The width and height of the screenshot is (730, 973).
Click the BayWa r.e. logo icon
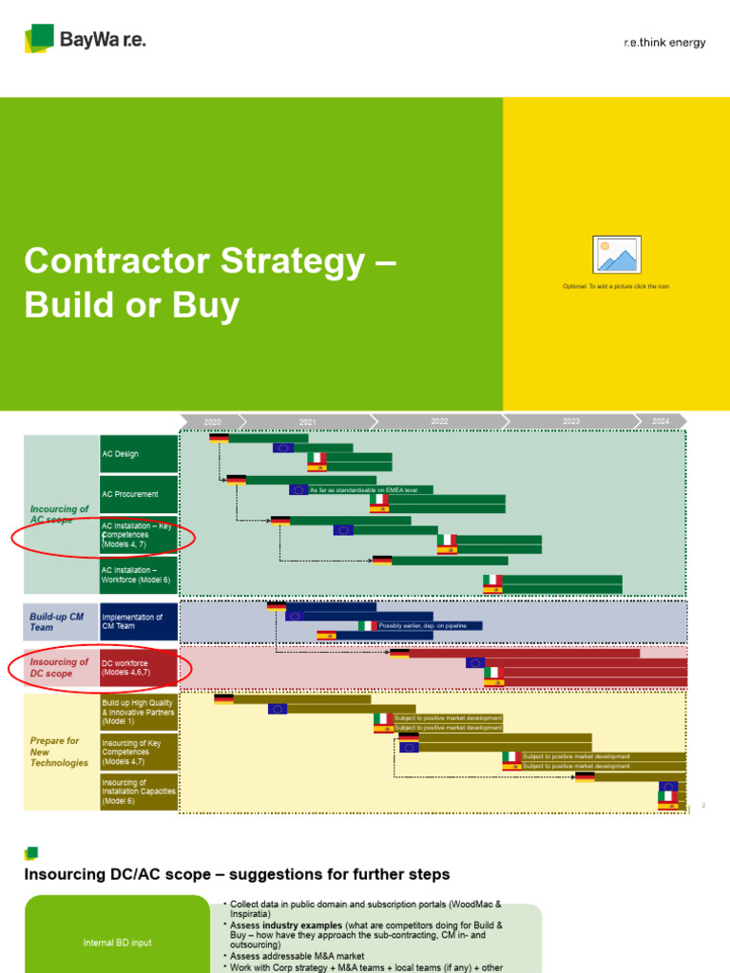pyautogui.click(x=39, y=39)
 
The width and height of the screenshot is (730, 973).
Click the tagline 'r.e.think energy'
pyautogui.click(x=664, y=43)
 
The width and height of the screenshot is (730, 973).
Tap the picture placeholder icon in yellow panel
pyautogui.click(x=617, y=255)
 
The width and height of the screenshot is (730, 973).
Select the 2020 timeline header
pyautogui.click(x=212, y=421)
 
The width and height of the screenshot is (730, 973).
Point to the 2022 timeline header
pyautogui.click(x=439, y=421)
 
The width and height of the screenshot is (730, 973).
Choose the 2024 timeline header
pyautogui.click(x=661, y=421)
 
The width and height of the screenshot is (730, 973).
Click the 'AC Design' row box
pyautogui.click(x=139, y=454)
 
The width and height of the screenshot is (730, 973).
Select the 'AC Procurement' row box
pyautogui.click(x=139, y=494)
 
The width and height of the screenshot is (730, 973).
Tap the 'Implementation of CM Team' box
pyautogui.click(x=139, y=621)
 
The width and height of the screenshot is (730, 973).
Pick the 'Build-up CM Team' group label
pyautogui.click(x=56, y=621)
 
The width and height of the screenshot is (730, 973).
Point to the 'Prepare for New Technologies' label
pyautogui.click(x=59, y=752)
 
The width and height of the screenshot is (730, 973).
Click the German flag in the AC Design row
pyautogui.click(x=219, y=438)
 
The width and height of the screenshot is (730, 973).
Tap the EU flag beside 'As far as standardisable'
pyautogui.click(x=298, y=490)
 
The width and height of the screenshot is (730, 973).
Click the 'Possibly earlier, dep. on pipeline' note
pyautogui.click(x=429, y=626)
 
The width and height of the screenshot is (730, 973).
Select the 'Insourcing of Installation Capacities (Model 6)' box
pyautogui.click(x=139, y=792)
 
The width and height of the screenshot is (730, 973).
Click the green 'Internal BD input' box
pyautogui.click(x=116, y=943)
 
